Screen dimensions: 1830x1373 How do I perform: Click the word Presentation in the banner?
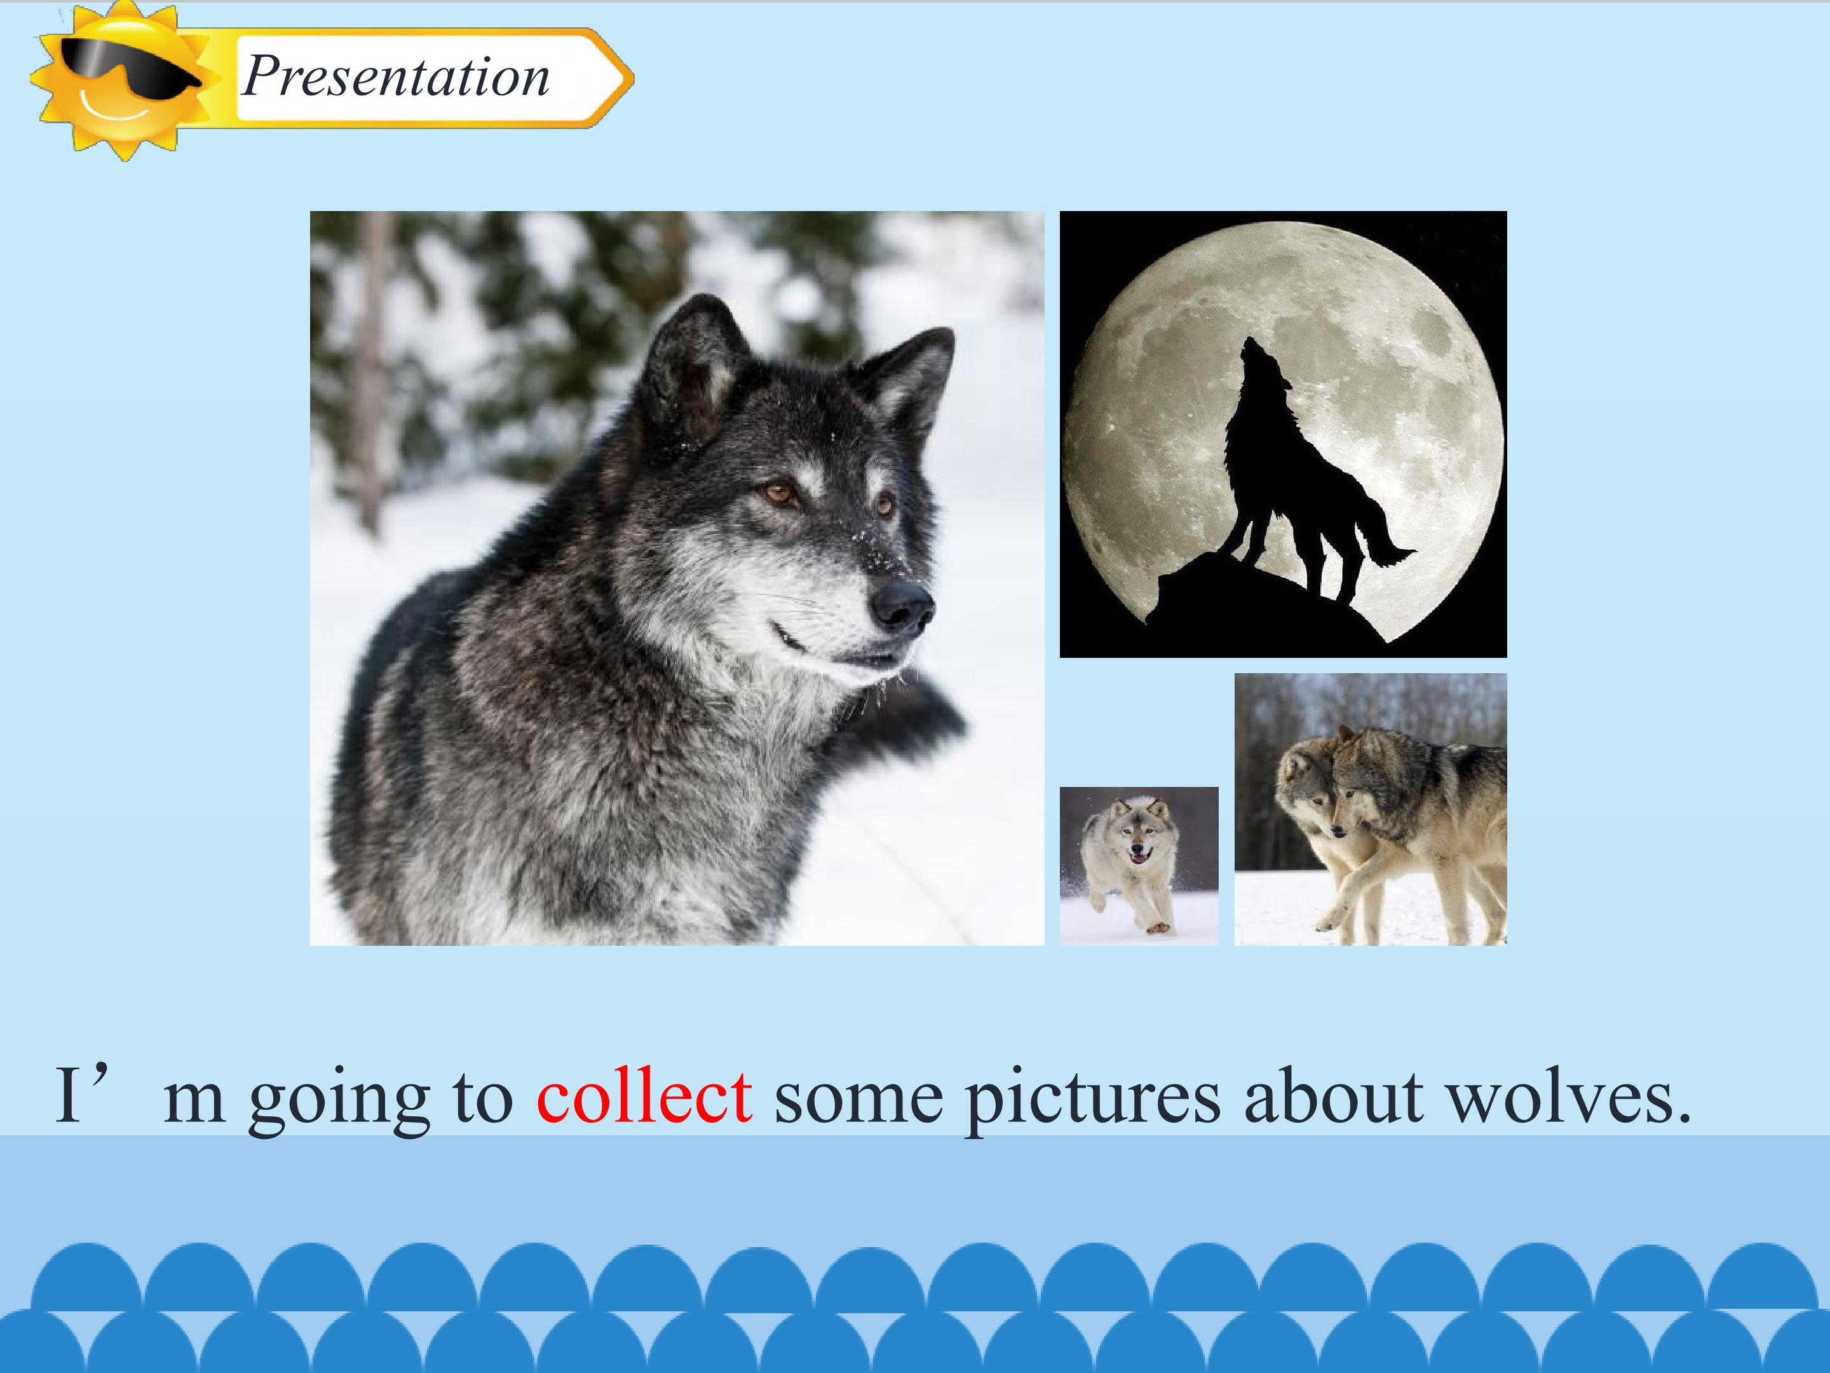click(x=395, y=77)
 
